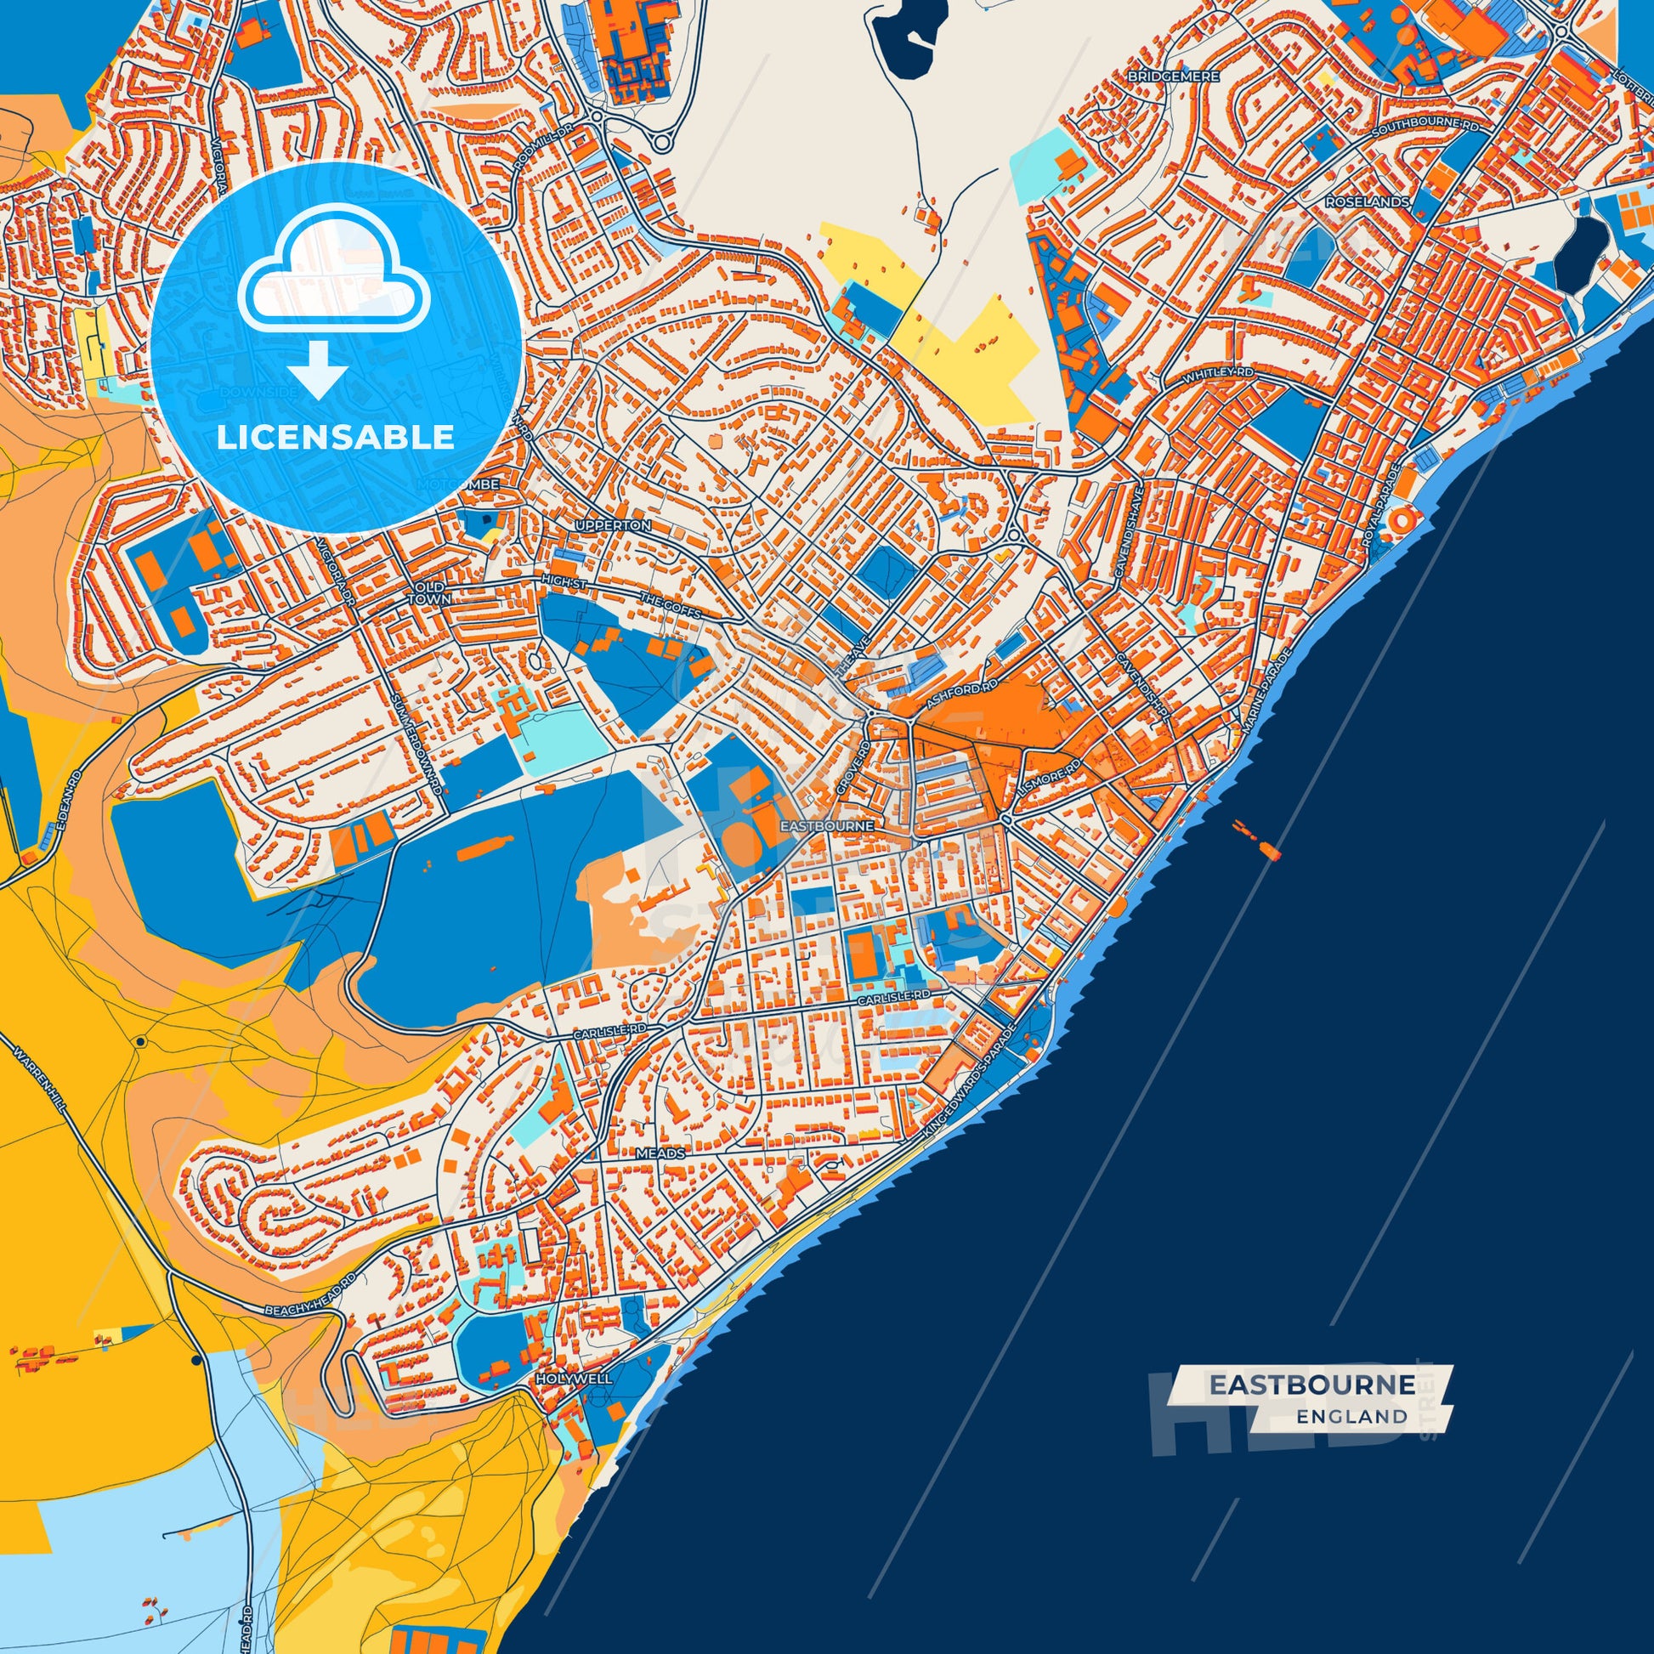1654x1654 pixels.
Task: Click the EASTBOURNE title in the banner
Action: click(x=1311, y=1385)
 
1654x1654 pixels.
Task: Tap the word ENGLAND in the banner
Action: click(x=1351, y=1416)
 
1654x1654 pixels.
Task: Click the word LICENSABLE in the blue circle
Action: click(x=335, y=438)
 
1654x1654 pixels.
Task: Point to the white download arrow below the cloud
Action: click(x=317, y=368)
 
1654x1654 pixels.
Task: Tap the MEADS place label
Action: click(x=660, y=1153)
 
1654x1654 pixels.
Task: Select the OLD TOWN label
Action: click(x=428, y=592)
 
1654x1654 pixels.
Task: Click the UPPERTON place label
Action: click(x=613, y=524)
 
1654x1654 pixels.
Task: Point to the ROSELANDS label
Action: click(x=1368, y=202)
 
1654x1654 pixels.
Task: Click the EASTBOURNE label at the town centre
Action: click(x=827, y=826)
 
